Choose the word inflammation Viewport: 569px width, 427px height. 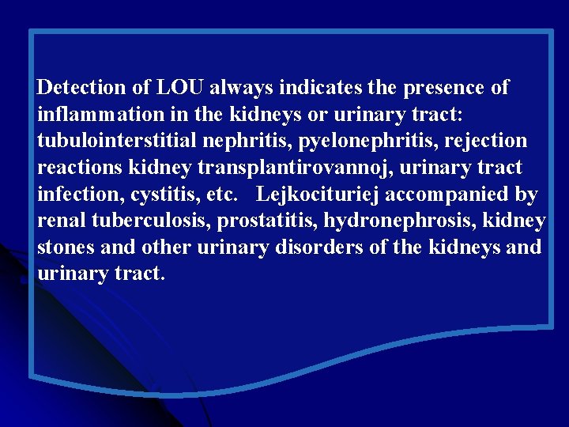pyautogui.click(x=101, y=114)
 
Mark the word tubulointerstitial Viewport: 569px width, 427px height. pyautogui.click(x=127, y=141)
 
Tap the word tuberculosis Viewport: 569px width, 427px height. pyautogui.click(x=148, y=221)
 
